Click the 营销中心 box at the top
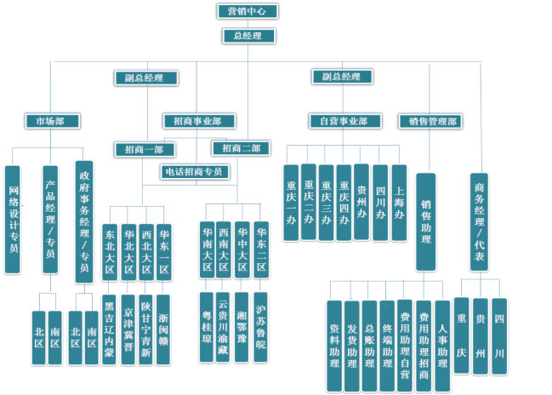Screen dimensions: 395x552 [248, 11]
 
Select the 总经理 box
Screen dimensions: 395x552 [248, 36]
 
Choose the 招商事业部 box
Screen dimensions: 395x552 [199, 121]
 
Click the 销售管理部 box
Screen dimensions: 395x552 [431, 121]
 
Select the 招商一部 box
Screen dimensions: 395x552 [144, 149]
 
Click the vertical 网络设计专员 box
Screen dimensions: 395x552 [13, 219]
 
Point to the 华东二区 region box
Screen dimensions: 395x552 [261, 248]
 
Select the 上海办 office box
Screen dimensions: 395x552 [399, 203]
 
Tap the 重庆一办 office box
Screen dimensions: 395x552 [291, 203]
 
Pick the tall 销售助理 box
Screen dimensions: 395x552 [425, 221]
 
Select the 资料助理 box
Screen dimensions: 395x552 [335, 345]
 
